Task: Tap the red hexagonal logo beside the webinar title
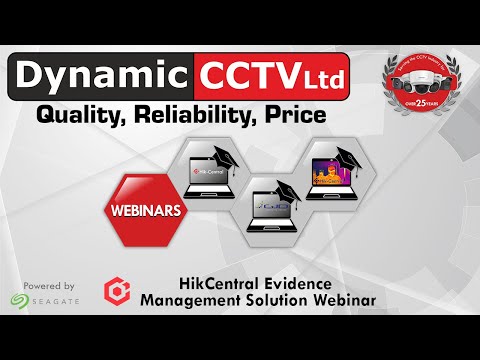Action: point(117,291)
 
